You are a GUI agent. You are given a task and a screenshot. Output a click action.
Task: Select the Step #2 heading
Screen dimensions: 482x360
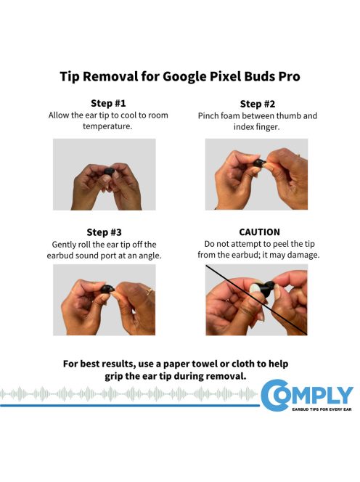click(256, 103)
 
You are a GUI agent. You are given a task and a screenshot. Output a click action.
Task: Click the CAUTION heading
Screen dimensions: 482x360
click(258, 232)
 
